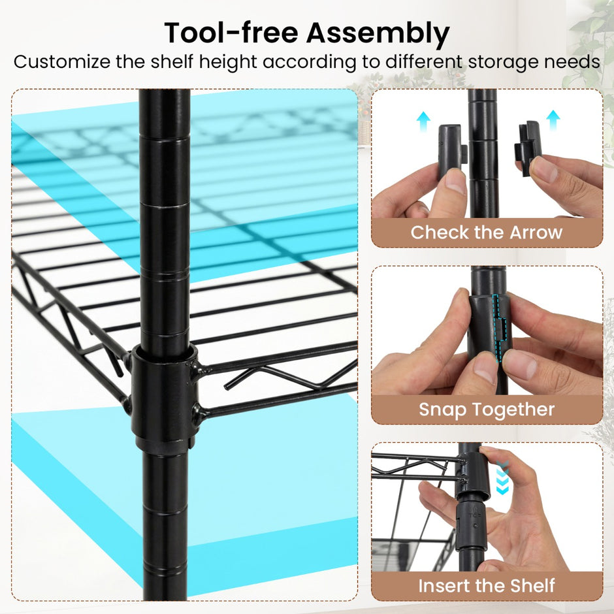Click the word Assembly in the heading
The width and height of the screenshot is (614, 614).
(378, 33)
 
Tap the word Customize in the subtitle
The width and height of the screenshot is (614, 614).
(62, 61)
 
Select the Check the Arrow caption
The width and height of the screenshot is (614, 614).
(487, 232)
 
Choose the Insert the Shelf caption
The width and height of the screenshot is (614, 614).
(487, 586)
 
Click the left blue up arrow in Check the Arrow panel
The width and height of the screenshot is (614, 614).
(423, 121)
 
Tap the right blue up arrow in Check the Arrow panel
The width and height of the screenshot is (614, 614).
(553, 120)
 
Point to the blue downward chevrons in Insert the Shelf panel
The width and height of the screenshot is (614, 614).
(502, 477)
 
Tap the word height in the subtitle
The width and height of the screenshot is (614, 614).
(227, 62)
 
